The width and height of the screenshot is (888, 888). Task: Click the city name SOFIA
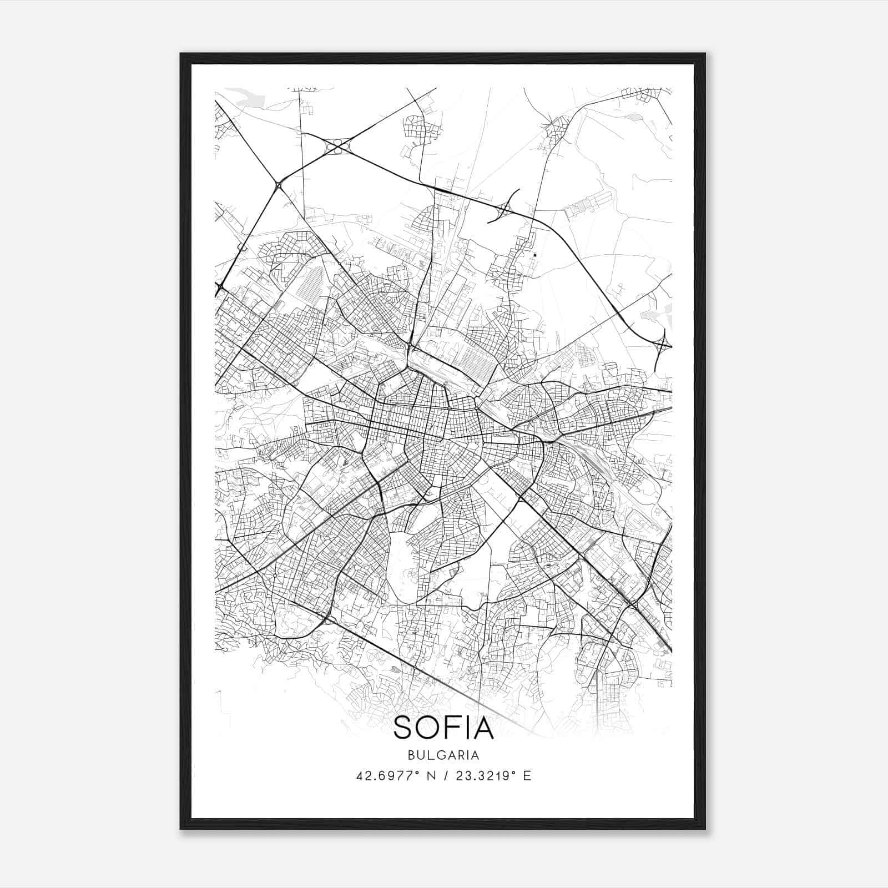[x=443, y=728]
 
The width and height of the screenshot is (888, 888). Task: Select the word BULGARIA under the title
[x=443, y=755]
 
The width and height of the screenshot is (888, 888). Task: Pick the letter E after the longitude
[x=527, y=776]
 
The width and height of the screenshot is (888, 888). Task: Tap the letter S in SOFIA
[x=403, y=728]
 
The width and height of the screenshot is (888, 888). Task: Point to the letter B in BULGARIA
[x=411, y=755]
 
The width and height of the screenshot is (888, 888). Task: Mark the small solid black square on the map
[x=535, y=255]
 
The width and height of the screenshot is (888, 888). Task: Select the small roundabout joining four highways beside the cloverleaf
[x=279, y=184]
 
